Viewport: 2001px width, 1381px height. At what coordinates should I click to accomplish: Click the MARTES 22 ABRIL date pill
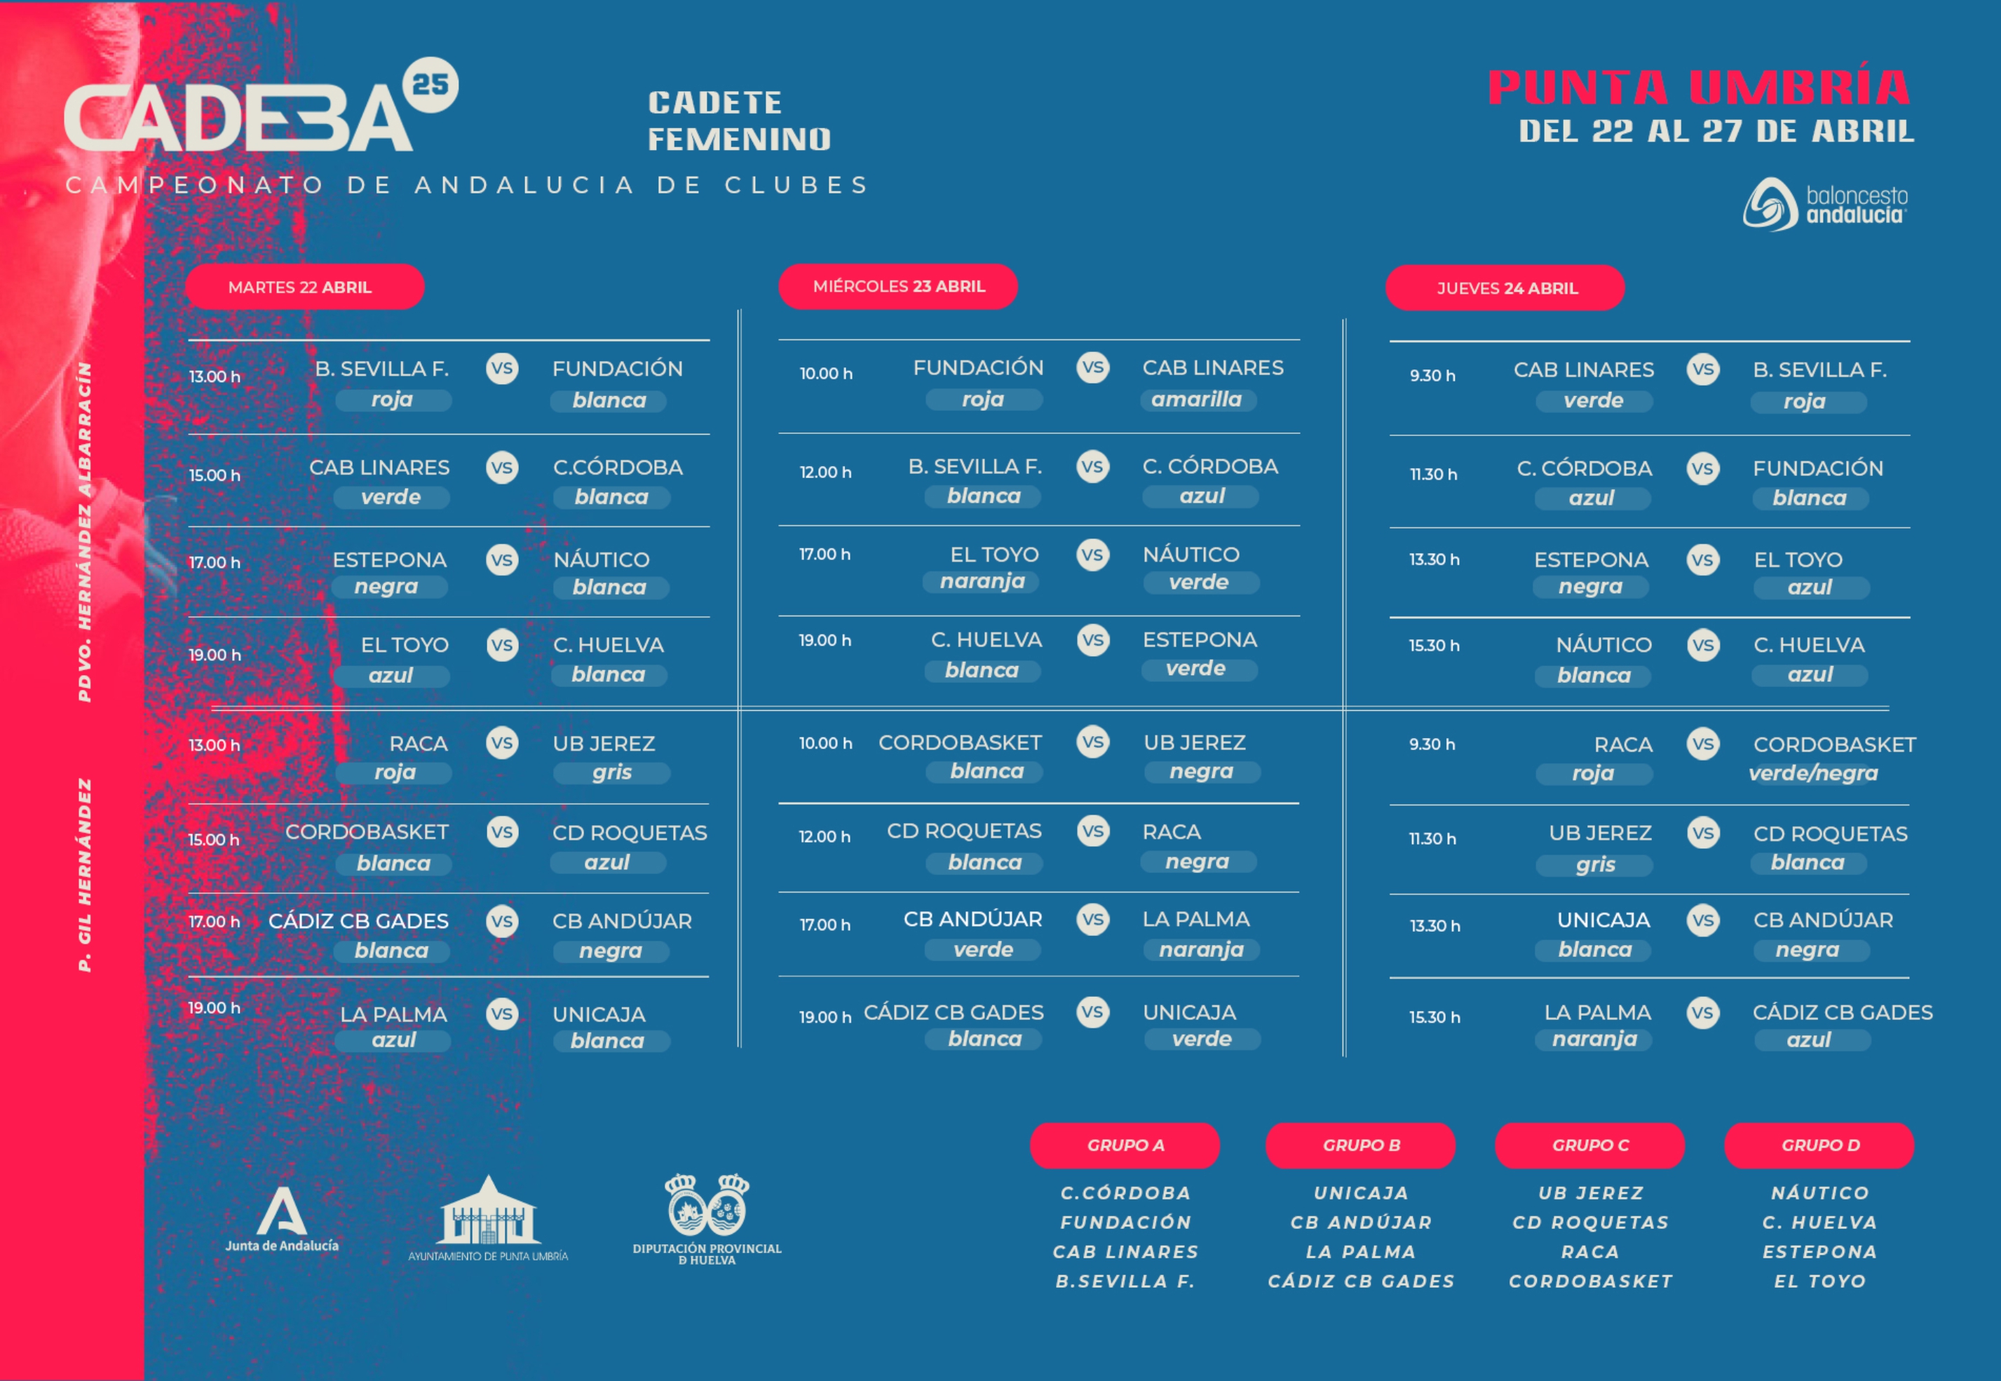point(304,287)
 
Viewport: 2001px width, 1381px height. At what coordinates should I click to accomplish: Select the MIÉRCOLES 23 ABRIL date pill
point(897,287)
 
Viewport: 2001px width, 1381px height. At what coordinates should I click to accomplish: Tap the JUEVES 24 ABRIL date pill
point(1505,288)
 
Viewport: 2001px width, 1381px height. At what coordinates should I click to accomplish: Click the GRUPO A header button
point(1125,1145)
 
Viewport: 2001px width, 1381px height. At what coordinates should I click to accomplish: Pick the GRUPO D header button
point(1819,1145)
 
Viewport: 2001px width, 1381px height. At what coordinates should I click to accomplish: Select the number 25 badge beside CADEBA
point(430,85)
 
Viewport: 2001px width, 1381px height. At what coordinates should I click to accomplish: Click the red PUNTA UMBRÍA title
point(1698,88)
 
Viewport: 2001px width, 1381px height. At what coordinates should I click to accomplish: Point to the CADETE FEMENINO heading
point(739,121)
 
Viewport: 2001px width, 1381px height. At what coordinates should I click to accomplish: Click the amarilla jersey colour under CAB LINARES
point(1197,400)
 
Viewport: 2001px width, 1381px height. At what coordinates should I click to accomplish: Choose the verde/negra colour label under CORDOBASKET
point(1813,773)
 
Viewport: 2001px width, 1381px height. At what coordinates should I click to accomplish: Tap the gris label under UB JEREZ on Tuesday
point(612,772)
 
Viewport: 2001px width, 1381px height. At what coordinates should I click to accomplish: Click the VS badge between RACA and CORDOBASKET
point(1702,744)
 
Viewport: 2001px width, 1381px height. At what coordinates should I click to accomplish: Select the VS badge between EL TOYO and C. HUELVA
point(502,646)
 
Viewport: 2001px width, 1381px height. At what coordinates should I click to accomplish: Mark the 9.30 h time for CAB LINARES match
point(1432,376)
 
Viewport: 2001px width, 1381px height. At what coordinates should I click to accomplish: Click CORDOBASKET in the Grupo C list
point(1591,1281)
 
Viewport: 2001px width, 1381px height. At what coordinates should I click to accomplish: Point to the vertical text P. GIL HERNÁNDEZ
point(85,874)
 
